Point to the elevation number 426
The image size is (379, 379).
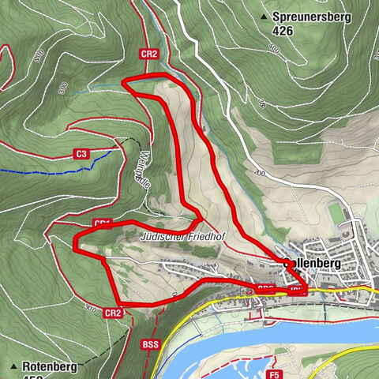click(x=283, y=31)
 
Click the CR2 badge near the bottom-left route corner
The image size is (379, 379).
click(x=112, y=313)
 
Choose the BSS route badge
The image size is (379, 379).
click(x=151, y=344)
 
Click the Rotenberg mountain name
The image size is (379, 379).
click(x=48, y=366)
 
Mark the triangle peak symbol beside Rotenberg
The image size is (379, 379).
click(x=13, y=366)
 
